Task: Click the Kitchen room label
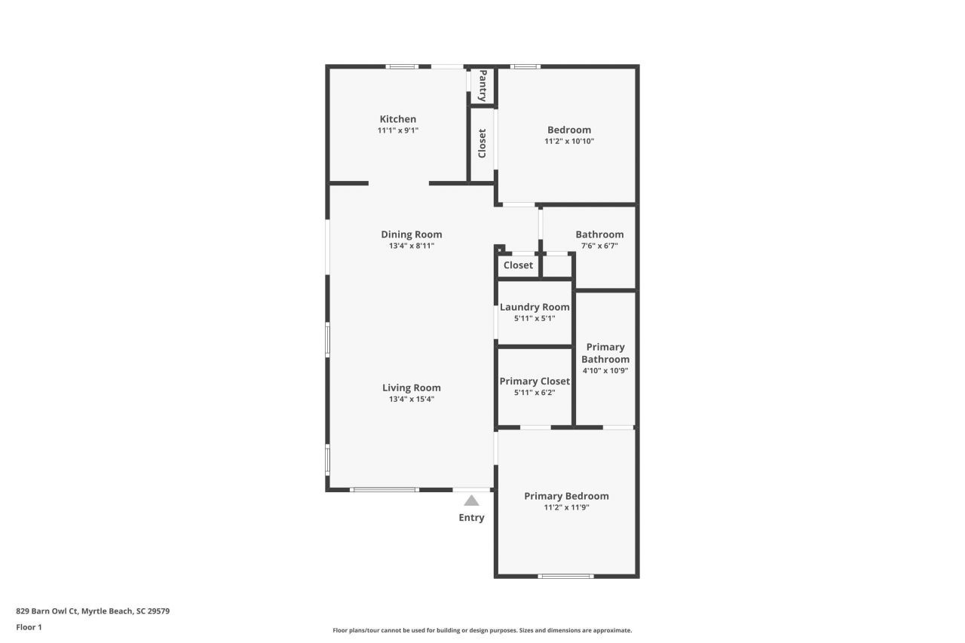397,119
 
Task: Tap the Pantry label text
482,85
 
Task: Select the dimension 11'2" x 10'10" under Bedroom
569,141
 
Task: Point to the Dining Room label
411,234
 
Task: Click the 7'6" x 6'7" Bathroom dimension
599,246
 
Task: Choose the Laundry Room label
535,307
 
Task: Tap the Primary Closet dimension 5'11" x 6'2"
535,393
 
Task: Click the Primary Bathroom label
605,353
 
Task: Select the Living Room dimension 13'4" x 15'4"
411,400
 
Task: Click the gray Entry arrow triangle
471,501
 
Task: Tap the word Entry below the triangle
471,518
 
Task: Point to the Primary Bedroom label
566,496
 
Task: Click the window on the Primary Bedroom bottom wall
565,576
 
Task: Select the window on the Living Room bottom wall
384,490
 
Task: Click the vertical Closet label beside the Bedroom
482,143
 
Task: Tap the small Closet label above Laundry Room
518,265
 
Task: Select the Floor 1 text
29,627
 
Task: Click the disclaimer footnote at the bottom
482,630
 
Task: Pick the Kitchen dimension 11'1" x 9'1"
397,130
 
